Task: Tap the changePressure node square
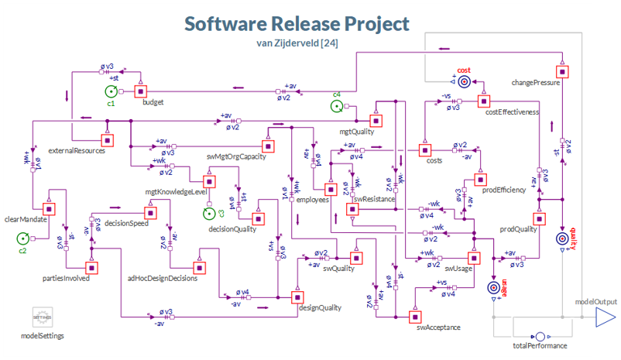coord(563,71)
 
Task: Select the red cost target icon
coord(463,81)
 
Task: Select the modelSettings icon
coord(43,317)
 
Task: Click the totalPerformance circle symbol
coord(540,337)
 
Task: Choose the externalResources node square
coord(108,140)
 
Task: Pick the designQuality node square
coord(296,297)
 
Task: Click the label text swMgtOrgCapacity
coord(236,157)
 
